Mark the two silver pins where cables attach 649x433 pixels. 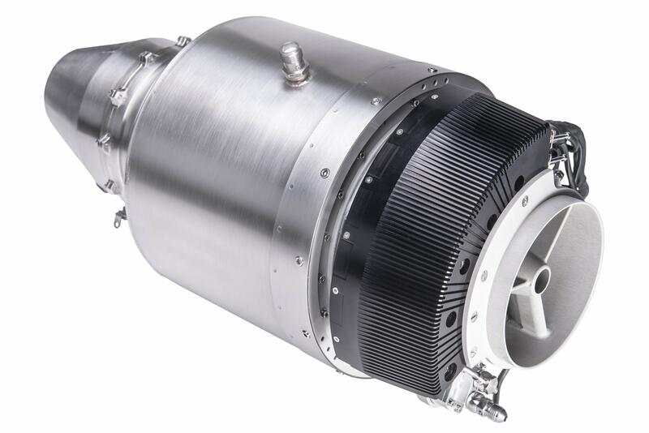click(557, 169)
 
